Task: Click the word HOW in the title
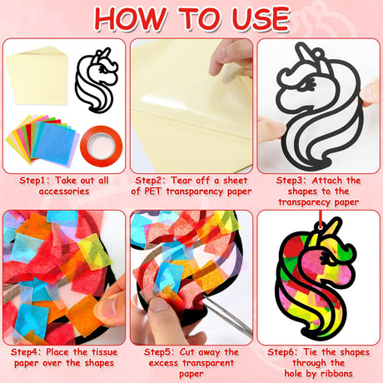131,18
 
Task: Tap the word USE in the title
261,18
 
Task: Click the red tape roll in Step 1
102,147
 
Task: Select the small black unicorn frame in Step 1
97,81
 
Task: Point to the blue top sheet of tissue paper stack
54,143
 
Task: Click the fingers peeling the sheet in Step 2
231,60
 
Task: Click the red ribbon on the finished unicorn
321,219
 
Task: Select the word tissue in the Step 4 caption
104,352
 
